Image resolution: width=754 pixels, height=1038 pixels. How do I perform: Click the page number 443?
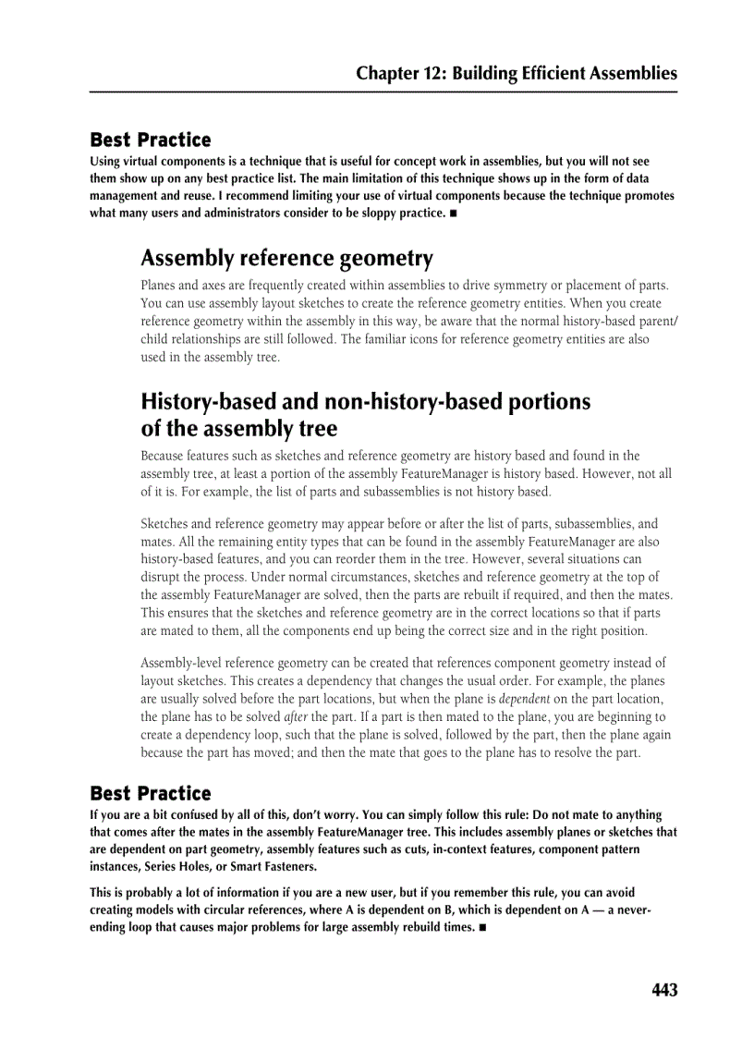[663, 990]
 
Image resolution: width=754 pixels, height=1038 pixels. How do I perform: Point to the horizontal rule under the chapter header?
[383, 92]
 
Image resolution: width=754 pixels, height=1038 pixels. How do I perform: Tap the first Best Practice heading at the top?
[150, 140]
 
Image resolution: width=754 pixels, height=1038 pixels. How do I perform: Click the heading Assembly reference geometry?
[286, 258]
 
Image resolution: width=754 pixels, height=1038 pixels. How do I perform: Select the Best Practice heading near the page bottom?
[150, 794]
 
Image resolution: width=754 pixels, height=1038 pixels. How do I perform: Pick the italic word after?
[295, 716]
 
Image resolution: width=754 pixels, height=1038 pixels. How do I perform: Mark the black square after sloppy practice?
[453, 214]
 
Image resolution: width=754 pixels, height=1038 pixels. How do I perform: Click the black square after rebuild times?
[481, 927]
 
